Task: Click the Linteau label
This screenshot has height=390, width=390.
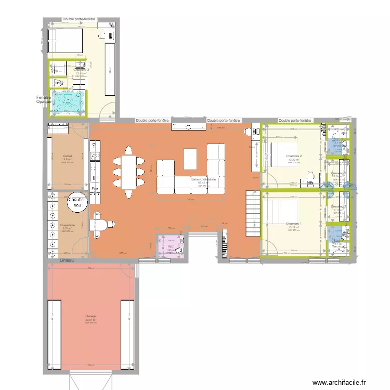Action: click(x=67, y=259)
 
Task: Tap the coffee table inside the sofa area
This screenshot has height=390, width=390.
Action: click(x=190, y=159)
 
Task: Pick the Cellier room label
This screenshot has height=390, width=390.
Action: click(x=68, y=155)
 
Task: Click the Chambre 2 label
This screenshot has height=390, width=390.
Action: click(x=294, y=156)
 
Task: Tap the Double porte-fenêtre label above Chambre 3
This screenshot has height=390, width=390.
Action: click(x=79, y=19)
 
